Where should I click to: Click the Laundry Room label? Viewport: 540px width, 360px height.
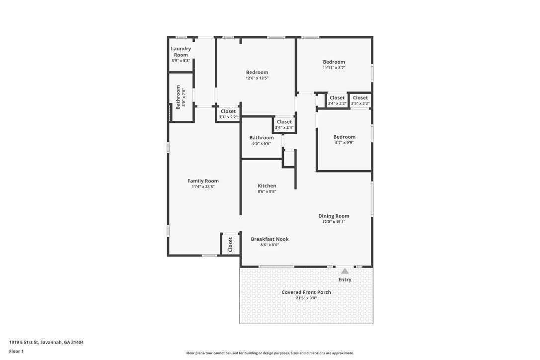181,52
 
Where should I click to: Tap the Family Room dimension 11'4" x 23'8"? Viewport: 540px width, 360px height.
203,187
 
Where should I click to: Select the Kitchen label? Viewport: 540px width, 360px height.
267,185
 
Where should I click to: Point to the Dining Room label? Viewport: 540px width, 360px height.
334,216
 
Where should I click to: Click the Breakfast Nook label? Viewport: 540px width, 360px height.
270,239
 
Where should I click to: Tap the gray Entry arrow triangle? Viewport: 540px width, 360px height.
345,271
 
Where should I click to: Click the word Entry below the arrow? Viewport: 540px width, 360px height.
345,280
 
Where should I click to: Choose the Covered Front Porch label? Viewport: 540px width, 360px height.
306,292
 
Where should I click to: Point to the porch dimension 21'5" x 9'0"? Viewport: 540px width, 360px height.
306,298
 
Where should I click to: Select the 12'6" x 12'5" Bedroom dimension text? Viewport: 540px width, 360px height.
257,78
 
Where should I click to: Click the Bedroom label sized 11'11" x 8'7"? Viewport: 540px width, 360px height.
334,62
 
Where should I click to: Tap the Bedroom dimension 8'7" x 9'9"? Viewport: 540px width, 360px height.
345,143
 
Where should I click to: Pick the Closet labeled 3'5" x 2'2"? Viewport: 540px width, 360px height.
360,98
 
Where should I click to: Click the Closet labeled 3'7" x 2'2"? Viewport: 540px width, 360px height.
228,111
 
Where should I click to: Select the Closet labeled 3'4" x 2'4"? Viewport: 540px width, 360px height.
284,122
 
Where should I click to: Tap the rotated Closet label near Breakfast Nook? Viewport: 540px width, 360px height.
230,244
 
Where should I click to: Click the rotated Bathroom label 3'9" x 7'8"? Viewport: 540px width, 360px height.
178,97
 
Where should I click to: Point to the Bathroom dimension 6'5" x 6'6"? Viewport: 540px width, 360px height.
262,144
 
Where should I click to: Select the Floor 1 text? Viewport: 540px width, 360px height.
16,352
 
